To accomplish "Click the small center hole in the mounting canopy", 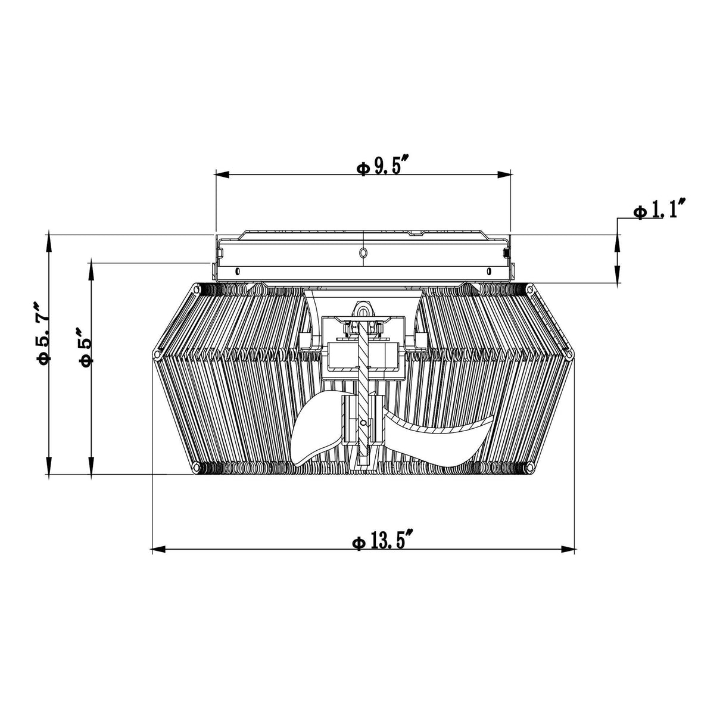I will tap(363, 254).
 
